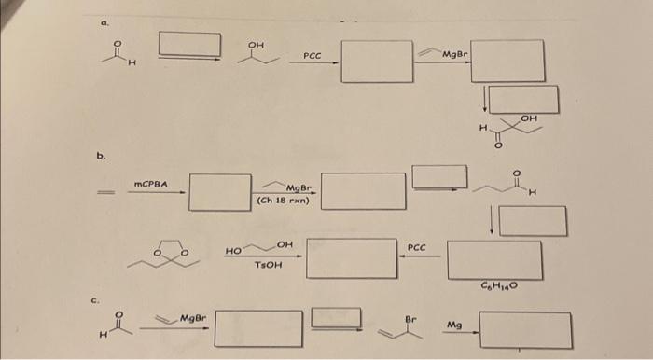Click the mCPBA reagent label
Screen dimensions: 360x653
151,185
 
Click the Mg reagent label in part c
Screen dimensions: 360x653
454,325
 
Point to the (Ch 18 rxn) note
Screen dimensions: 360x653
287,200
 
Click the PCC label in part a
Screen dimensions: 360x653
313,57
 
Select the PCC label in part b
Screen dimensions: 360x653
416,247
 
